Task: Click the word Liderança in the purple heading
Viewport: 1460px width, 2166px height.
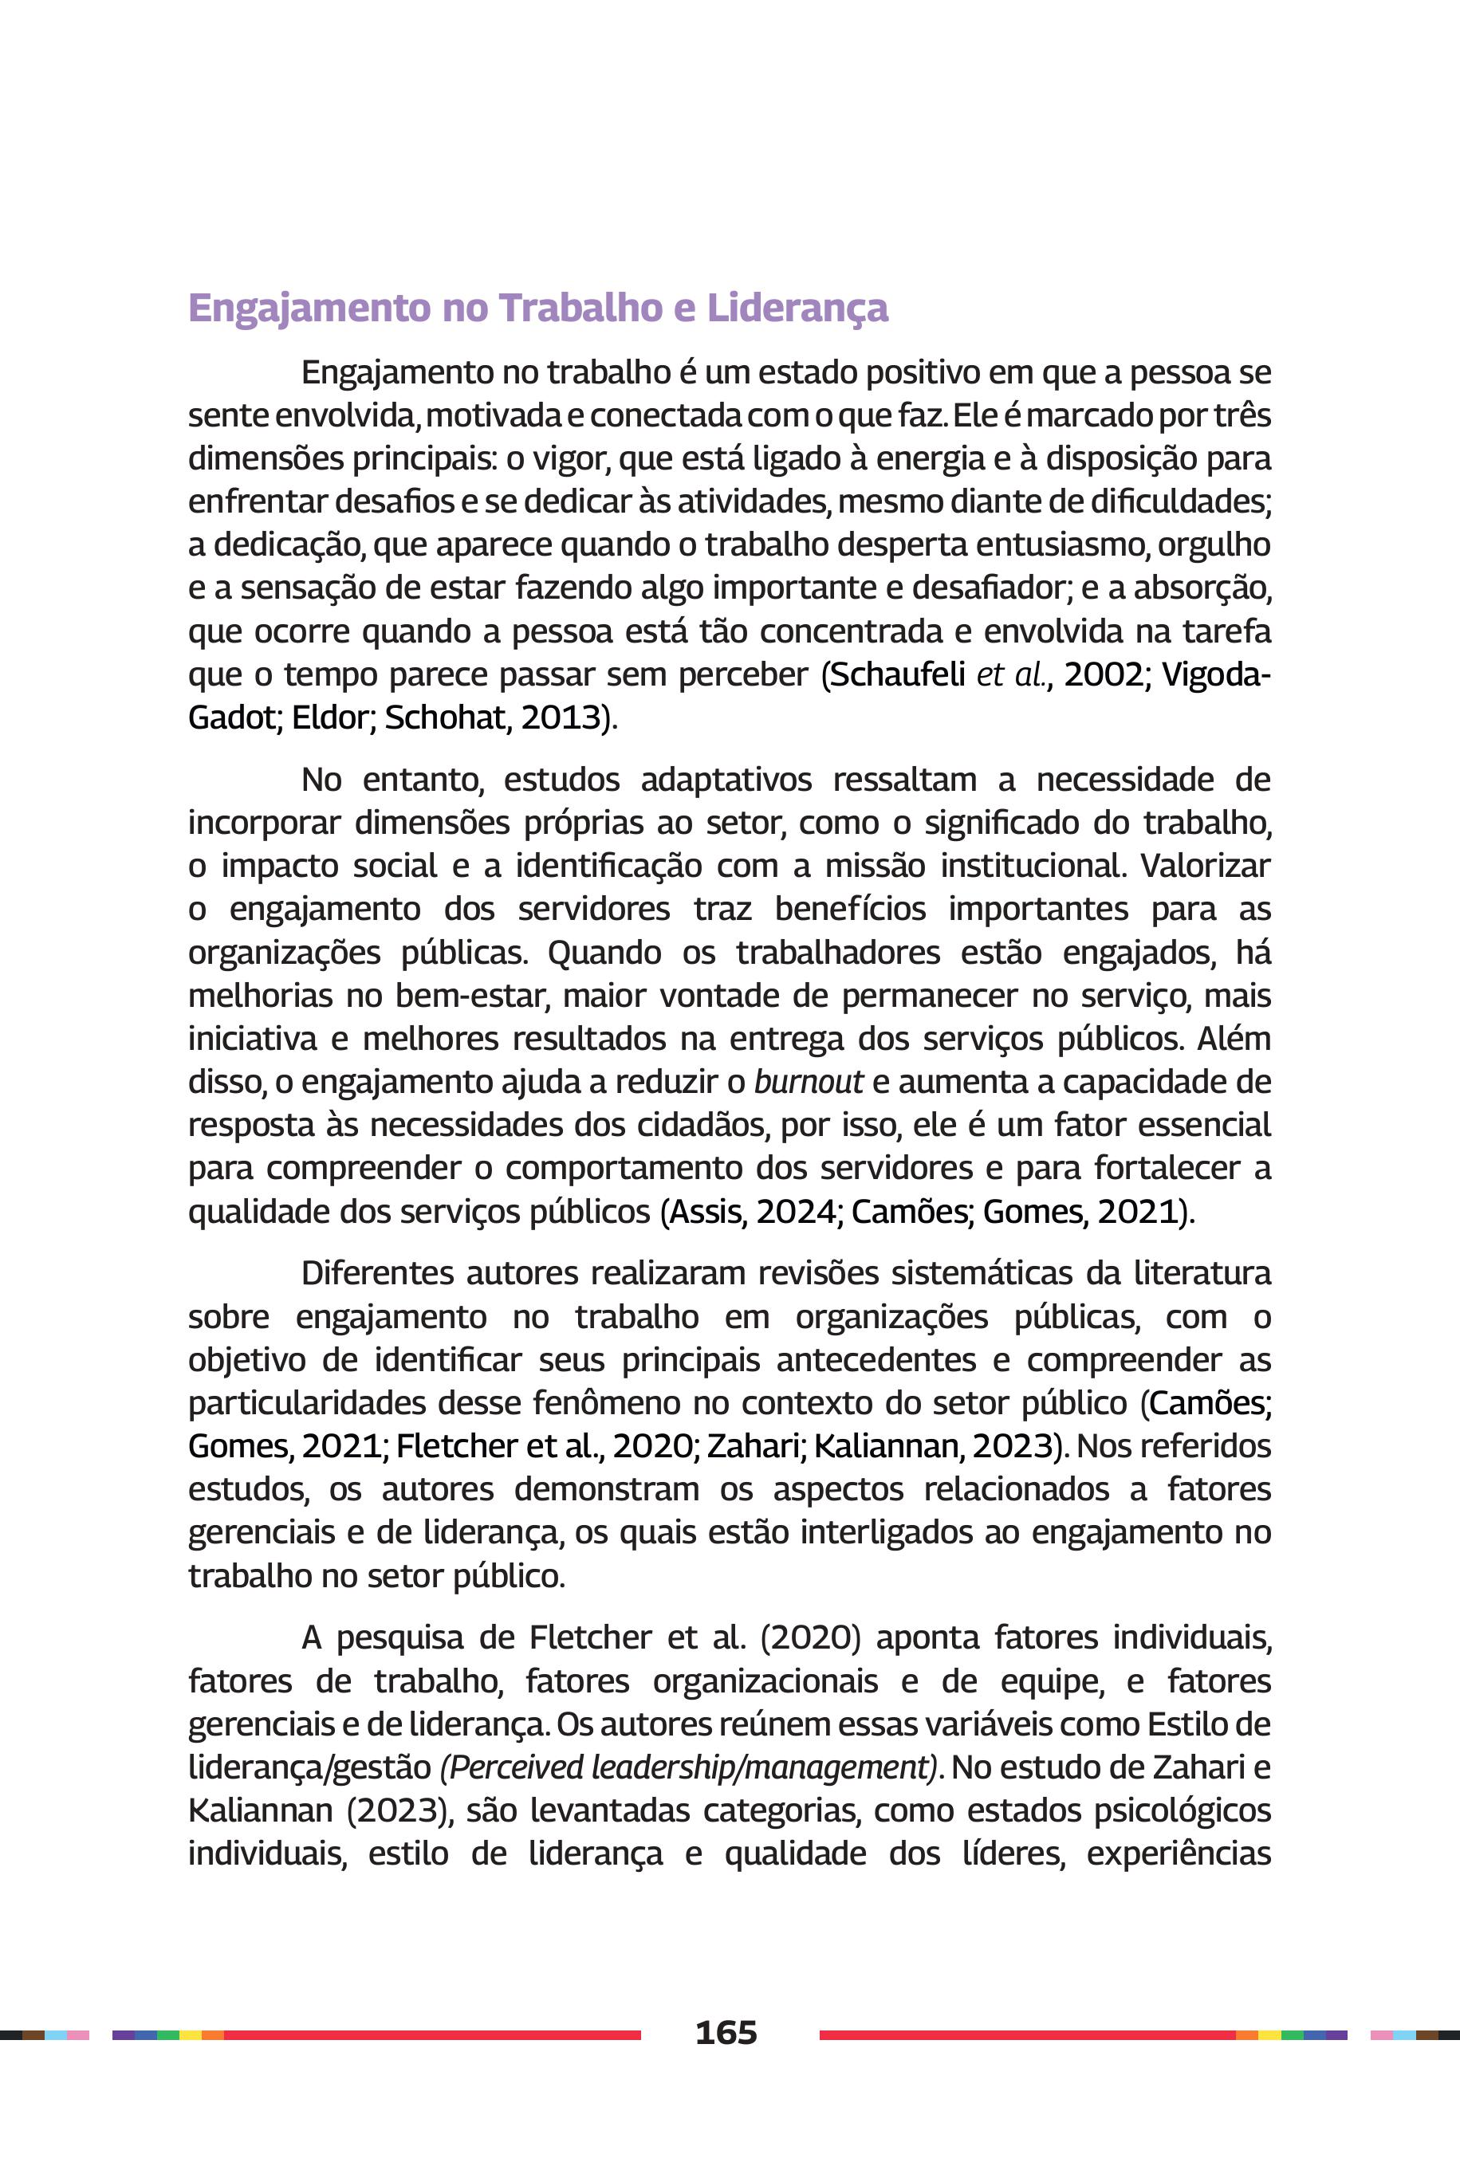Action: coord(797,308)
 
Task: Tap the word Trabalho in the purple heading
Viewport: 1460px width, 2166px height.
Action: coord(584,308)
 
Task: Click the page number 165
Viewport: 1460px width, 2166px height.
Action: coord(726,2032)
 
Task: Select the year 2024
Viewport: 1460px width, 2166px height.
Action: coord(796,1211)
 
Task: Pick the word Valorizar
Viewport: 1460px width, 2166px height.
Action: coord(1206,866)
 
